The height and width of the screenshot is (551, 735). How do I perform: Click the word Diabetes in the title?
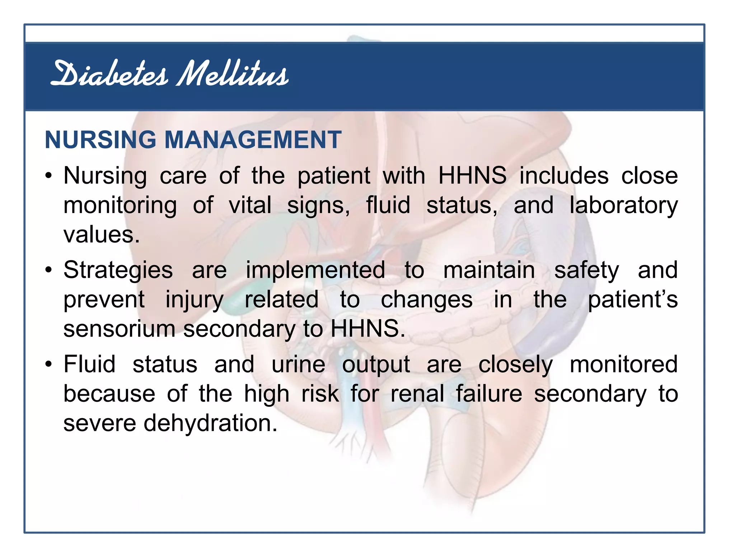click(x=109, y=74)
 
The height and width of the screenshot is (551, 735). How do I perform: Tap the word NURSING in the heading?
click(x=100, y=140)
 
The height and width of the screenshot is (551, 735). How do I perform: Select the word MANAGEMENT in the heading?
click(x=253, y=140)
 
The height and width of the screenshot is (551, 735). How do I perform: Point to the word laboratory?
click(x=624, y=206)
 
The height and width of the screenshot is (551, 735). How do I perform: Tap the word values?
click(x=102, y=235)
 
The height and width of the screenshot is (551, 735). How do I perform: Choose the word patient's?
click(x=633, y=300)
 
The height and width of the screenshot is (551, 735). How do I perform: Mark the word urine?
click(x=298, y=364)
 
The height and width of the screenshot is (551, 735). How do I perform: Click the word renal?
click(x=417, y=394)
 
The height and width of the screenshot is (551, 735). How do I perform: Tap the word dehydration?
click(x=211, y=423)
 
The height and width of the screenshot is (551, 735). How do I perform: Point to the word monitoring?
click(x=120, y=206)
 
